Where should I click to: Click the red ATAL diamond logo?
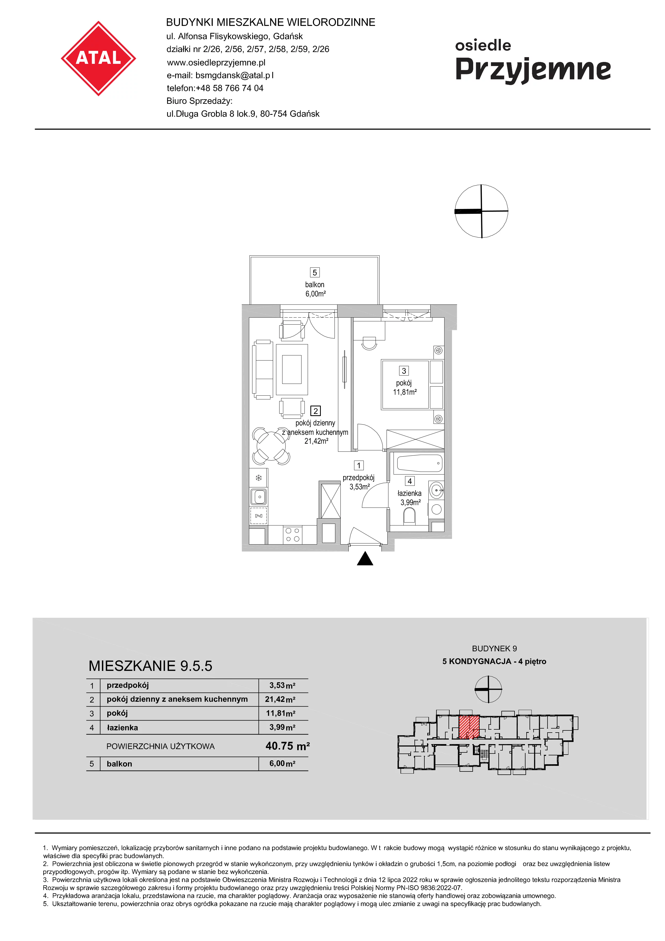click(x=98, y=58)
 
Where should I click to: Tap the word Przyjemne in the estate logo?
click(x=533, y=70)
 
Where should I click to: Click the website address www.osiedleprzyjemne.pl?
click(x=216, y=63)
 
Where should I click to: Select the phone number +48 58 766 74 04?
click(x=229, y=88)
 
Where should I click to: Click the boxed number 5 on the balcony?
click(x=315, y=273)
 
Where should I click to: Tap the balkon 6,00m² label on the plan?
click(x=315, y=289)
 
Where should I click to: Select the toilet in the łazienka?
click(x=409, y=517)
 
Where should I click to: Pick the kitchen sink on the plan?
click(x=259, y=497)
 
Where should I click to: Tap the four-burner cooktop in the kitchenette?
click(x=293, y=535)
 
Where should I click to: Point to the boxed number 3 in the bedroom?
click(x=404, y=371)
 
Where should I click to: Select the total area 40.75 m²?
click(x=288, y=746)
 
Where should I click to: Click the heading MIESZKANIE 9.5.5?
click(x=150, y=666)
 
